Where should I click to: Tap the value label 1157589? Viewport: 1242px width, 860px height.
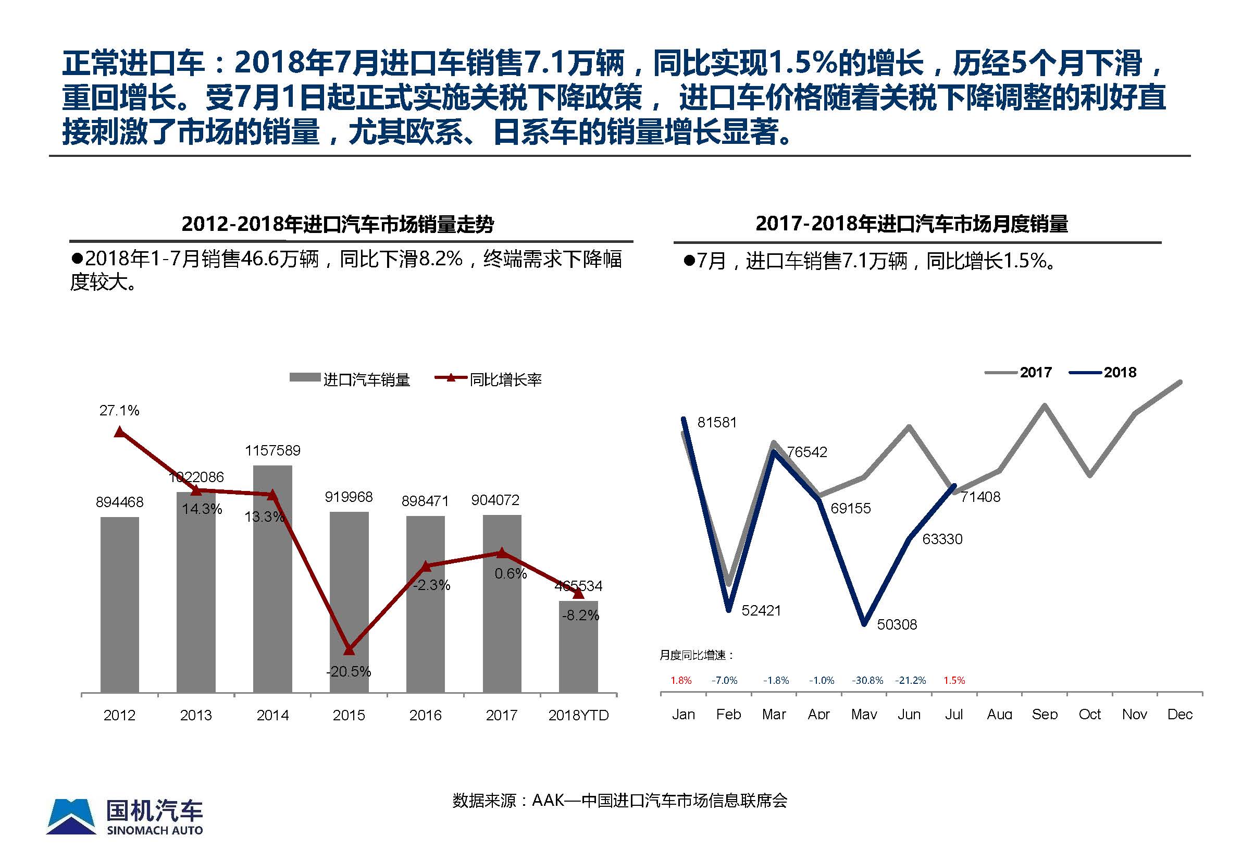(x=272, y=450)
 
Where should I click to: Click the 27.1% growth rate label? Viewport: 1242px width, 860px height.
(x=119, y=411)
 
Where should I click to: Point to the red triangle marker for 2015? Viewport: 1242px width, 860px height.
(x=349, y=650)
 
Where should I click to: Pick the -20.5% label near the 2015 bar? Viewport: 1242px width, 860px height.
(x=349, y=671)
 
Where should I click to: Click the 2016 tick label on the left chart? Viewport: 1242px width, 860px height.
(x=426, y=715)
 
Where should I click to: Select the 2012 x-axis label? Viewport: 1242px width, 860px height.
(x=120, y=715)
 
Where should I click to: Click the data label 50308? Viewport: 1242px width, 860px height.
(x=897, y=624)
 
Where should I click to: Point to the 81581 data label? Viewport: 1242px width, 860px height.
(x=717, y=423)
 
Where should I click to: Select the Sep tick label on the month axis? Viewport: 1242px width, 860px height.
(x=1045, y=715)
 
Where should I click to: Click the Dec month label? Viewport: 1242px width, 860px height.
(x=1179, y=715)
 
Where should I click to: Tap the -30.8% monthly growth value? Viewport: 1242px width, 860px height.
(x=867, y=681)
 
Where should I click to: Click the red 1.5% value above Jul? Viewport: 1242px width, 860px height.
(x=954, y=681)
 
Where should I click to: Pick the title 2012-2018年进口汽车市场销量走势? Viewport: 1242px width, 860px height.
(x=338, y=224)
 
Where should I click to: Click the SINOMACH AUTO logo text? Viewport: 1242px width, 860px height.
(x=155, y=830)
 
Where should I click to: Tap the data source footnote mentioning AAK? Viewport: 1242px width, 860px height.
(x=619, y=800)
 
